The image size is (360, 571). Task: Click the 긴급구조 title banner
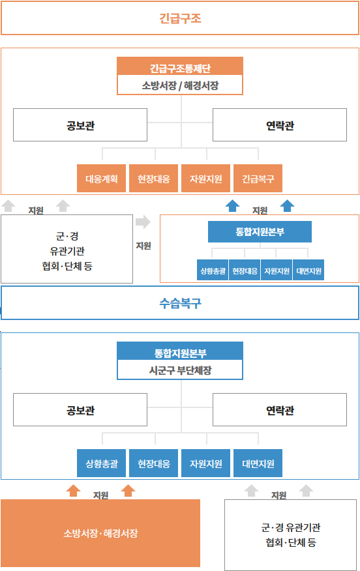point(180,18)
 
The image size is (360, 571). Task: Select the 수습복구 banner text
point(180,303)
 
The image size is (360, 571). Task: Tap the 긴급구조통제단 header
point(180,66)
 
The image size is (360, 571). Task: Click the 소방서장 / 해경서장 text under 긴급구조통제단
point(180,85)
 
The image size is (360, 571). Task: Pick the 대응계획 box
point(101,178)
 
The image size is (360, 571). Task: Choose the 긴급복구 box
point(258,178)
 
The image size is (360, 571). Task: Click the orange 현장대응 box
point(153,178)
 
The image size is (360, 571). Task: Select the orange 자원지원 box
point(206,178)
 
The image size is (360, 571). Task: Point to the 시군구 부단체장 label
point(180,370)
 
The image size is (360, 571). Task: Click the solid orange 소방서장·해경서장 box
point(100,533)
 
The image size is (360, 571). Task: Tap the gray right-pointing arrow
point(143,222)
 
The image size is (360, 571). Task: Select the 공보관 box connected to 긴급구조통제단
point(80,125)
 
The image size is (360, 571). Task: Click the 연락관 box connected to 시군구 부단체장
point(280,410)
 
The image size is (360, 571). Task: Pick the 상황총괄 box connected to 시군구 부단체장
point(101,463)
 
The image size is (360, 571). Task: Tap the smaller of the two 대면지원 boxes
point(308,271)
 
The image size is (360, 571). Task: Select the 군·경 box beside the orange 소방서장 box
point(290,535)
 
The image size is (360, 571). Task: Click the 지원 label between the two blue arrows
point(260,211)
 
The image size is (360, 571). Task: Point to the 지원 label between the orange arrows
point(100,495)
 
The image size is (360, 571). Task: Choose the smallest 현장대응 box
point(245,271)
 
